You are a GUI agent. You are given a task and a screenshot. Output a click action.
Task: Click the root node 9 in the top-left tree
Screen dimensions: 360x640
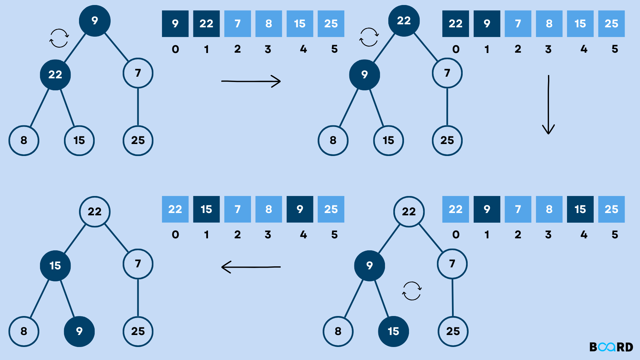point(95,21)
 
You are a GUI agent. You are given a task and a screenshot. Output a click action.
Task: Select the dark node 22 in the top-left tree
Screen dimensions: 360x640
point(55,75)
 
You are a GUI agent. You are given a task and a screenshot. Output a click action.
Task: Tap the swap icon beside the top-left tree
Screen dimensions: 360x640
point(59,38)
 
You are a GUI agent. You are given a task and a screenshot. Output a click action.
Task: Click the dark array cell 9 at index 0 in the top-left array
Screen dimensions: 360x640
point(175,24)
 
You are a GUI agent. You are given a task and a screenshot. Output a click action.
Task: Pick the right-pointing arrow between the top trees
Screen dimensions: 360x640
point(251,81)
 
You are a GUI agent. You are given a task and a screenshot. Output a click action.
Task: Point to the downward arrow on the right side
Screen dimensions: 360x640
point(548,104)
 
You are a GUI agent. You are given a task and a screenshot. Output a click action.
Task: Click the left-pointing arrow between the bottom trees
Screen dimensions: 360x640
point(251,267)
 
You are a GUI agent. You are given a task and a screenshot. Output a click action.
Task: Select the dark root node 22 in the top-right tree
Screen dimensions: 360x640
point(404,21)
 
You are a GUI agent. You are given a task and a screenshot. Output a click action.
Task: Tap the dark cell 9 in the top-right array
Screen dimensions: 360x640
point(487,24)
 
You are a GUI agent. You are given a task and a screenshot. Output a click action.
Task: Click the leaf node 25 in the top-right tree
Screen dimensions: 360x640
point(447,140)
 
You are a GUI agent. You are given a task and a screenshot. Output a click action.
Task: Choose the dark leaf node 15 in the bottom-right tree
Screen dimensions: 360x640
point(393,331)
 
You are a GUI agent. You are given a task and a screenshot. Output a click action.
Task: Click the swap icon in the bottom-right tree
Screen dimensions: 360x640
point(412,291)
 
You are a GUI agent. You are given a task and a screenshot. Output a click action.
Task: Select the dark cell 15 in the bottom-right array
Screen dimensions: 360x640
point(580,209)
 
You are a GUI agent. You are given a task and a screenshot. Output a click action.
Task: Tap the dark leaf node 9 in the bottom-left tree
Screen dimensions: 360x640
point(79,331)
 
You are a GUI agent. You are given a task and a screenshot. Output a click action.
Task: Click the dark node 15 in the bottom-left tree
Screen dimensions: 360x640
point(55,266)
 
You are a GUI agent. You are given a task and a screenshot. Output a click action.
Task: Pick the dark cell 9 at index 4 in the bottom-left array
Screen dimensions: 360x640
point(300,209)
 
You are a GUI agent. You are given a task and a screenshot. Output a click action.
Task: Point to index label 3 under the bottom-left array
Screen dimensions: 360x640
point(268,235)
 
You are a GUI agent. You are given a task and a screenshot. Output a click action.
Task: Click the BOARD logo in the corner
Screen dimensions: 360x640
point(611,347)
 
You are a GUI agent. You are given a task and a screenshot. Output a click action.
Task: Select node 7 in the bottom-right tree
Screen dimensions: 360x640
point(452,264)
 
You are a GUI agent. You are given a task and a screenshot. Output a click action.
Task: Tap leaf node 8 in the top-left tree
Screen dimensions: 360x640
point(24,140)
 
